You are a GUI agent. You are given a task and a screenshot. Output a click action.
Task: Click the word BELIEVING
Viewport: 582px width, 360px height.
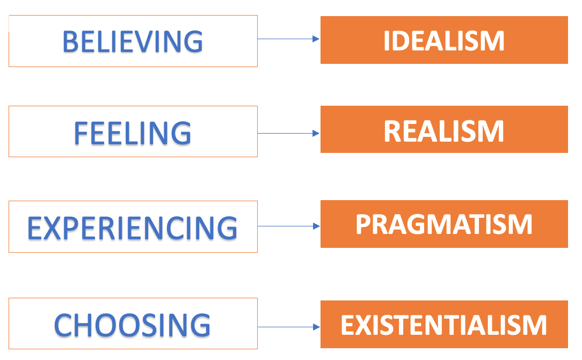coord(133,41)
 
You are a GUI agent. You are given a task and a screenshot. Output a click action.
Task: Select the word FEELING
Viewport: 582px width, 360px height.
coord(132,133)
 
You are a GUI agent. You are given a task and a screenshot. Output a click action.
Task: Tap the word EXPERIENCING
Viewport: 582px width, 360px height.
coord(132,227)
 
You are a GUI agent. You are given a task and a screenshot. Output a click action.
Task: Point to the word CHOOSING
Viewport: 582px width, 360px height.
coord(132,325)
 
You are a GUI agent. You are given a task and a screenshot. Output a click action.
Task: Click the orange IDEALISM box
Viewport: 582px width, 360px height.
coord(444,40)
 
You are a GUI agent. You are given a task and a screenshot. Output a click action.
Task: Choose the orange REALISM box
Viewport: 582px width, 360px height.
coord(444,130)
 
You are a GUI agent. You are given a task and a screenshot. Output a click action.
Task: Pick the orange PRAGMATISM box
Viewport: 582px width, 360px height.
coord(444,224)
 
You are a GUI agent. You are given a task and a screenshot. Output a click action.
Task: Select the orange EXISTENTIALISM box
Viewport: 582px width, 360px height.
coord(444,325)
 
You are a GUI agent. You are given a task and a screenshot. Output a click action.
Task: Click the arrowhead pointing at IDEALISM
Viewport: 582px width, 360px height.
coord(316,39)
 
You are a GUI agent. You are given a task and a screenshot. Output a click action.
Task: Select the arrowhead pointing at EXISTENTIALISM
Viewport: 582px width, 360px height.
coord(316,327)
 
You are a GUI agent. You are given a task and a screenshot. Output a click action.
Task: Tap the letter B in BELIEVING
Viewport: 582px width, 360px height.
coord(71,41)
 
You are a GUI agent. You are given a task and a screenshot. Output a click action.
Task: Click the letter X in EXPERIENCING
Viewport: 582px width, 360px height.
coord(53,227)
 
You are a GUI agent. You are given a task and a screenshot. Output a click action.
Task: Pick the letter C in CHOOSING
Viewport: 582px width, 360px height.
coord(65,325)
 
